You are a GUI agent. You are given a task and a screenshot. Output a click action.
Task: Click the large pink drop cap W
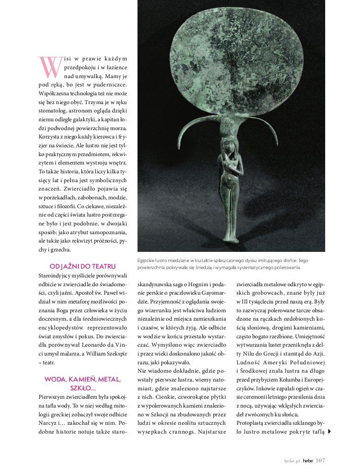click(x=50, y=67)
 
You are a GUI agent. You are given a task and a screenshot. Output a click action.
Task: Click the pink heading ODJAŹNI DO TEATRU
click(x=82, y=266)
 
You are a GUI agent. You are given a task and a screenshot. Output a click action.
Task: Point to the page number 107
click(x=320, y=461)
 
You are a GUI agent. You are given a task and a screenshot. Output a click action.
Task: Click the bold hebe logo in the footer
click(x=308, y=461)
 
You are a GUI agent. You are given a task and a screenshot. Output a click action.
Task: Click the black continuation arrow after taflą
click(x=329, y=431)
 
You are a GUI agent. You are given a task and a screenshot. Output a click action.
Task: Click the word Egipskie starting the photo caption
click(x=148, y=260)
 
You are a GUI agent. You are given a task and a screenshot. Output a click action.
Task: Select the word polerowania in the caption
click(x=288, y=267)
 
